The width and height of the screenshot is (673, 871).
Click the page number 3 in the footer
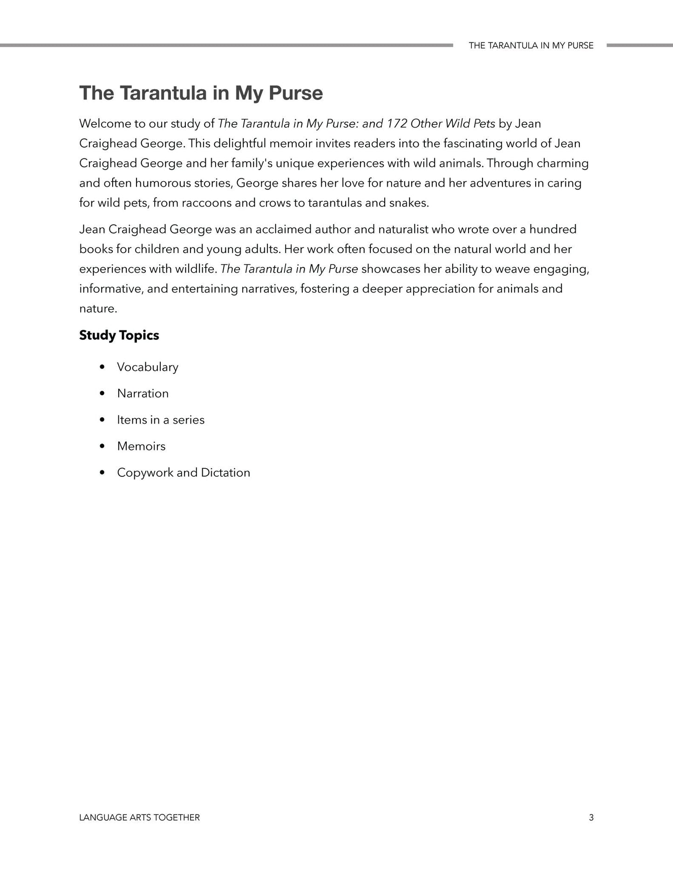[591, 817]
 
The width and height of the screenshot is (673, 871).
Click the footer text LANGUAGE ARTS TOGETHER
[139, 817]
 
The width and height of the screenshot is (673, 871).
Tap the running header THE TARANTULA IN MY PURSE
[531, 46]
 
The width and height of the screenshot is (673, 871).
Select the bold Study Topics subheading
[119, 335]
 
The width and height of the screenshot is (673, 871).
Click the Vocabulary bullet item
[147, 367]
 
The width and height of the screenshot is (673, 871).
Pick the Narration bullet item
[143, 393]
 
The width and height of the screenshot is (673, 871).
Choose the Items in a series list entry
[161, 420]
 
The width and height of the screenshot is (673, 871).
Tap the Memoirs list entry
[141, 446]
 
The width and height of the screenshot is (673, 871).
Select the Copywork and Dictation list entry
[184, 473]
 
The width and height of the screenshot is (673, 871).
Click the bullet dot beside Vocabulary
[102, 367]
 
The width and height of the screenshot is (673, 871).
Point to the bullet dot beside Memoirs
[102, 446]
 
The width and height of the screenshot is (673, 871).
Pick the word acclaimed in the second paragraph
[279, 229]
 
